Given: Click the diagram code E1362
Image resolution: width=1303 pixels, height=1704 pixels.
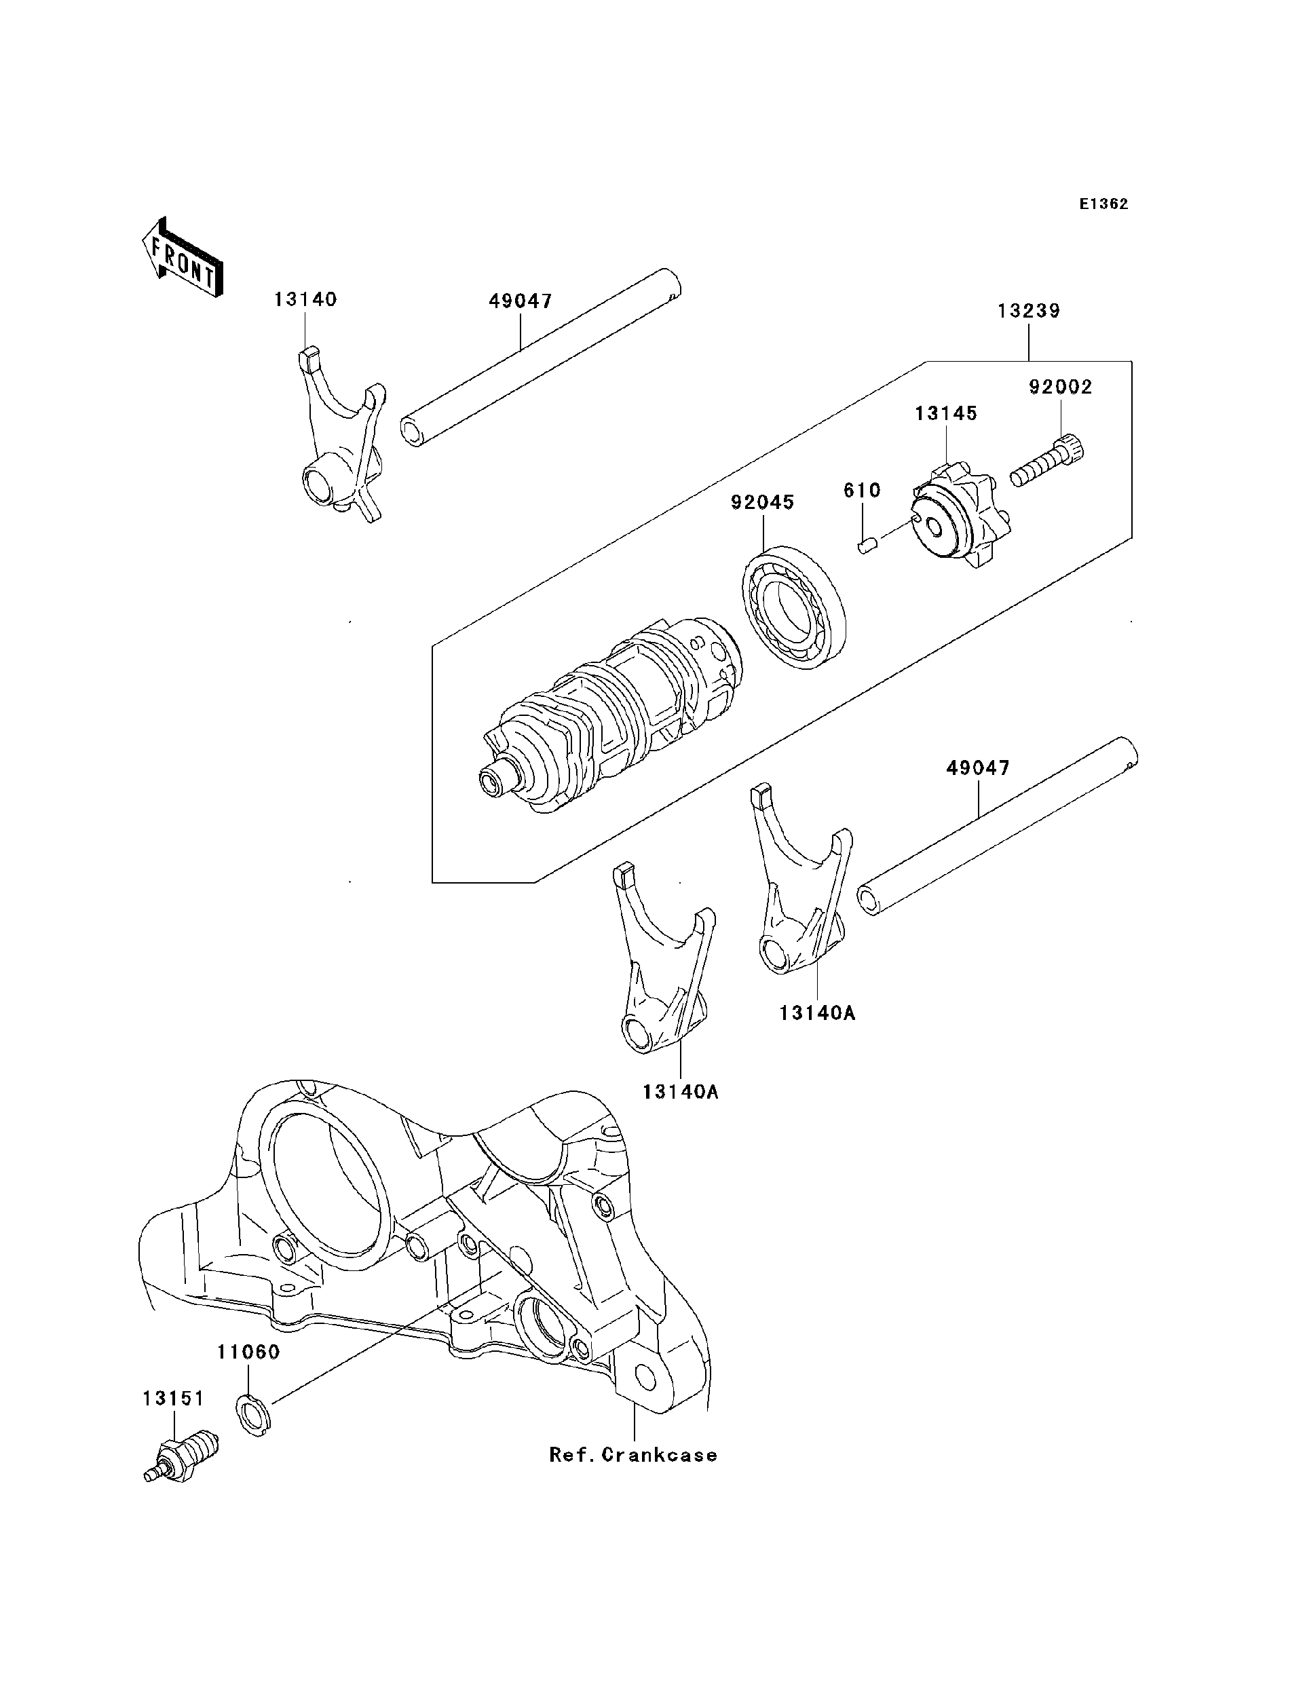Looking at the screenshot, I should [1103, 204].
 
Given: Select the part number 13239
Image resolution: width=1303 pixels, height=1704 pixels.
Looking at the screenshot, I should [1028, 311].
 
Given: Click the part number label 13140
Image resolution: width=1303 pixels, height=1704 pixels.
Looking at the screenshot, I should [305, 299].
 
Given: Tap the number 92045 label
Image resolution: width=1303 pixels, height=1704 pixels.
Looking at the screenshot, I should [762, 503].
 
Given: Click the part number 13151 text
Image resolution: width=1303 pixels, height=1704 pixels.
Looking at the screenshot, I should [173, 1399].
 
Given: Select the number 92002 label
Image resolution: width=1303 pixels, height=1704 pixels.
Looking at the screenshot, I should [1060, 387].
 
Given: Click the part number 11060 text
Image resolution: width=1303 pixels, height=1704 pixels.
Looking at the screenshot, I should [248, 1352].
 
